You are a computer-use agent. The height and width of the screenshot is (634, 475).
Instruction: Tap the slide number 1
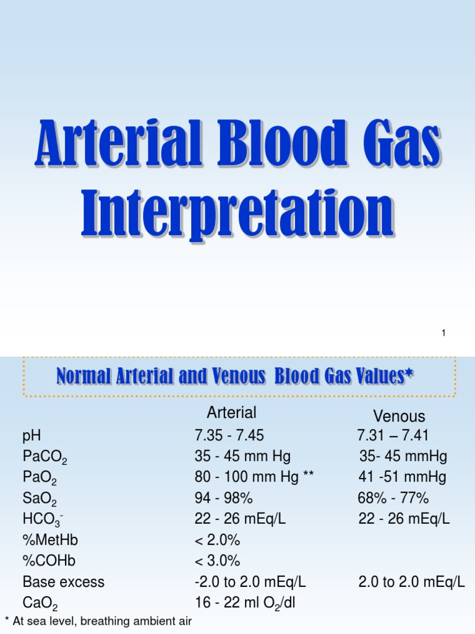[443, 334]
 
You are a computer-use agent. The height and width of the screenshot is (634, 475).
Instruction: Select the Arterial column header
[231, 413]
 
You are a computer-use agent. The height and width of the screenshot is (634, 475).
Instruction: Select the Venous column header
[399, 416]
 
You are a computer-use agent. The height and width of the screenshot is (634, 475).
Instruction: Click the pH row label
[32, 436]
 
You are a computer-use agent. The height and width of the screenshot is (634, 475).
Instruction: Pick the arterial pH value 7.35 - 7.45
[229, 436]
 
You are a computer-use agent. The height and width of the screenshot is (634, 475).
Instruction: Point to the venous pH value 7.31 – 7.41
[393, 436]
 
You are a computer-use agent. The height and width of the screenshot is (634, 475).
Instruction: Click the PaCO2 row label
[45, 458]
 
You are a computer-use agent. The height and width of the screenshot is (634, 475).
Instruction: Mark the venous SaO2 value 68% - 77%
[393, 498]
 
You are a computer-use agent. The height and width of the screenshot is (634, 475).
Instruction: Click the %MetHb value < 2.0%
[217, 541]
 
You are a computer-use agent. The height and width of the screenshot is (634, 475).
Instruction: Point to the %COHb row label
[50, 561]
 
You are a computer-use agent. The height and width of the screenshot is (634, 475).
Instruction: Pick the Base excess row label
[64, 582]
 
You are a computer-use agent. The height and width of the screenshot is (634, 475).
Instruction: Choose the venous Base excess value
[411, 582]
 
